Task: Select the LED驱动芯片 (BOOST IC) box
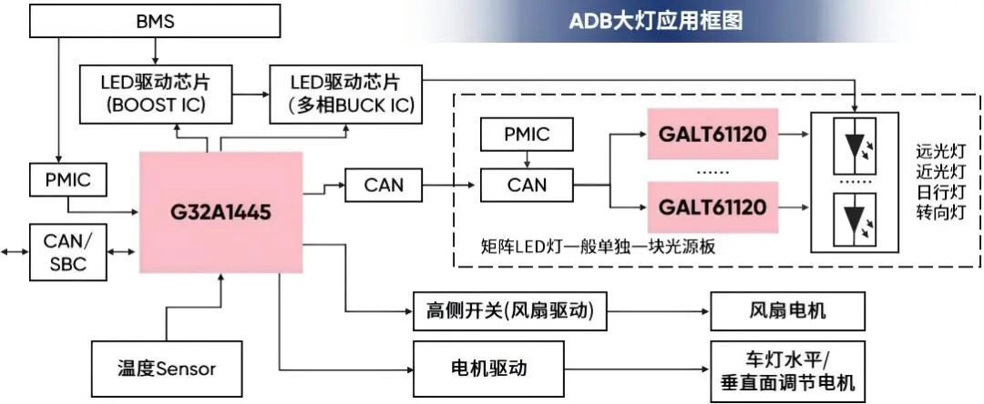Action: coord(156,94)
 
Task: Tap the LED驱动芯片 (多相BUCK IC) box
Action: coord(344,94)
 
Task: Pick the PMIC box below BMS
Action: coord(67,179)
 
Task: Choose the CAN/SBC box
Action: coord(67,251)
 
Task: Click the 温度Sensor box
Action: coord(167,369)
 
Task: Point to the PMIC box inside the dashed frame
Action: coord(527,136)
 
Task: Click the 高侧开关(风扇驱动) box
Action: coord(504,311)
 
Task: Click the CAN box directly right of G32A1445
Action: coord(384,187)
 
